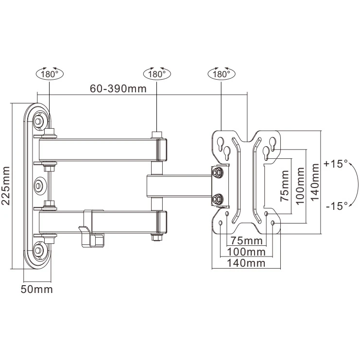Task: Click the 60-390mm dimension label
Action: pos(118,88)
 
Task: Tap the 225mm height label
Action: pos(5,186)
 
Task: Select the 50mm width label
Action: pos(37,289)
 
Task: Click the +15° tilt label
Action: pos(336,164)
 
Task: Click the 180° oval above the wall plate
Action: pos(50,74)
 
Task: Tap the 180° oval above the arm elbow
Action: pos(157,74)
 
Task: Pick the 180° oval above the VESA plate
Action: pos(222,74)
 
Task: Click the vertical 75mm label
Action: pos(285,186)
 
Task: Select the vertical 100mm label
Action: pos(300,186)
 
